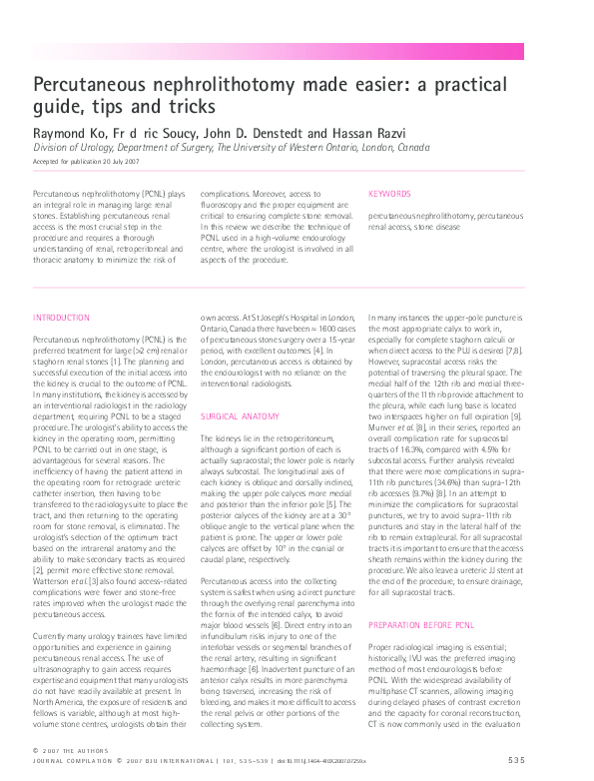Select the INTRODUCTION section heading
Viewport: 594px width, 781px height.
(61, 318)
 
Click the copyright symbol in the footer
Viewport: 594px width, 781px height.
(36, 751)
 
